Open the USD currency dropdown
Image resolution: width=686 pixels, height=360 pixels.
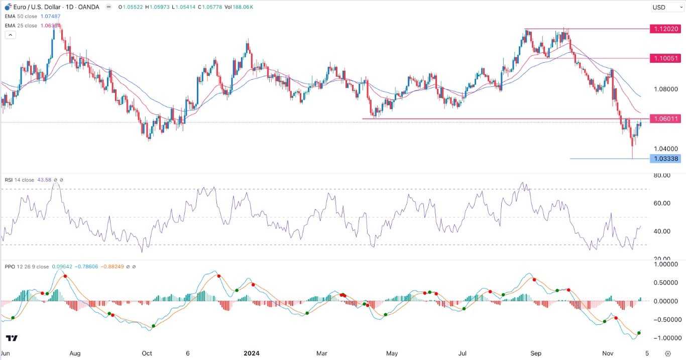tap(666, 8)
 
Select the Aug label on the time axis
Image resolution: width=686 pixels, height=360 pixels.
tap(75, 353)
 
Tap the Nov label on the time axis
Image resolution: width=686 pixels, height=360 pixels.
tap(608, 353)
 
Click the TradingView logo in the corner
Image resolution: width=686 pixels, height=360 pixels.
tap(12, 338)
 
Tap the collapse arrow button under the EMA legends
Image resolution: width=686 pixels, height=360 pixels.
tap(10, 35)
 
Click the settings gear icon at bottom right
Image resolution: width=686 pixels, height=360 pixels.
tap(668, 353)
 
